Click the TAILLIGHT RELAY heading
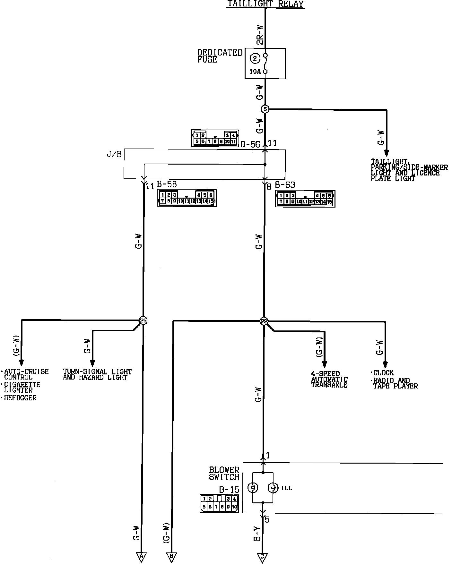coord(265,4)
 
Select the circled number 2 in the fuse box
coord(255,58)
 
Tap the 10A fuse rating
coord(255,72)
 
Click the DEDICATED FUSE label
coord(220,56)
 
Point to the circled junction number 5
coord(265,109)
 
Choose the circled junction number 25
coord(143,320)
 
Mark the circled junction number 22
coord(264,321)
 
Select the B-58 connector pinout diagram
coord(187,198)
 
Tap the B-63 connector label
coord(285,185)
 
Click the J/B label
coord(114,154)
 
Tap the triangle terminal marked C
coord(262,557)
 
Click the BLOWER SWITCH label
coord(224,474)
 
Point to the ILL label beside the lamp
coord(287,488)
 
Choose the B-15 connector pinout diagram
coord(219,503)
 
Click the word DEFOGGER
coord(21,398)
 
